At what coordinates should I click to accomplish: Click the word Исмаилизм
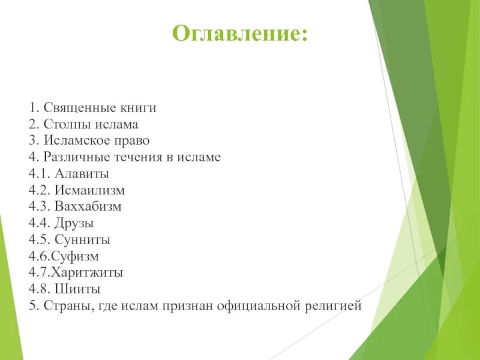(89, 190)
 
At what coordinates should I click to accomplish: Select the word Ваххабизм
(88, 207)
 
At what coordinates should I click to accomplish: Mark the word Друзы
(74, 223)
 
